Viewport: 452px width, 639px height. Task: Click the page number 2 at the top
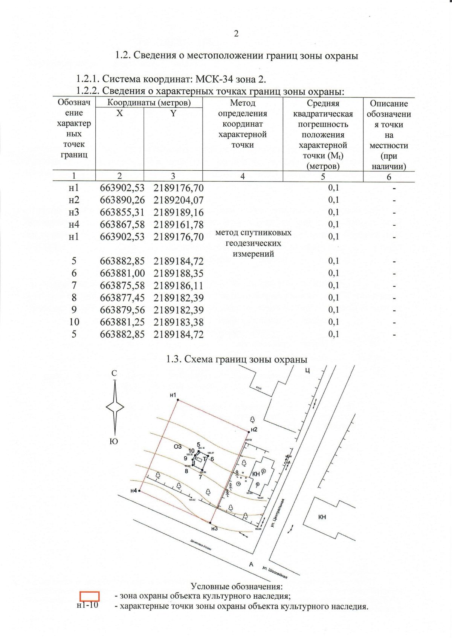click(236, 34)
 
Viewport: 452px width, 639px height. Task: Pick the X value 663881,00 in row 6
click(122, 273)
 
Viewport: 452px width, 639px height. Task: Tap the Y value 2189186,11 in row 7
click(178, 286)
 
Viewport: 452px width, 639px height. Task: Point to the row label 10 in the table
click(74, 322)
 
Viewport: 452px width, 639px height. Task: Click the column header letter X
click(119, 113)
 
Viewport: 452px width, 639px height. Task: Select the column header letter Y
click(173, 113)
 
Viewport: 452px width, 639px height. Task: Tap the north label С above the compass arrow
click(114, 373)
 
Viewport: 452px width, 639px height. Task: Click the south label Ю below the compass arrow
click(114, 442)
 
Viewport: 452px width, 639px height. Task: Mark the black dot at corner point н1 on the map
click(177, 400)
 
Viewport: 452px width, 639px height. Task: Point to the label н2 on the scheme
click(254, 430)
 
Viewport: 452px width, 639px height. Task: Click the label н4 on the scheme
click(133, 491)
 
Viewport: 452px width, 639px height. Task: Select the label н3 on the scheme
click(214, 529)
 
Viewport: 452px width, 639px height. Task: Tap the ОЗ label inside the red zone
click(177, 447)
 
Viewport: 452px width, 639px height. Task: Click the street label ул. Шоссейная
click(275, 573)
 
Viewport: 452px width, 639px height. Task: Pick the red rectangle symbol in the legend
click(90, 596)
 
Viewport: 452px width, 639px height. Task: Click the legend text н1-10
click(87, 605)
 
